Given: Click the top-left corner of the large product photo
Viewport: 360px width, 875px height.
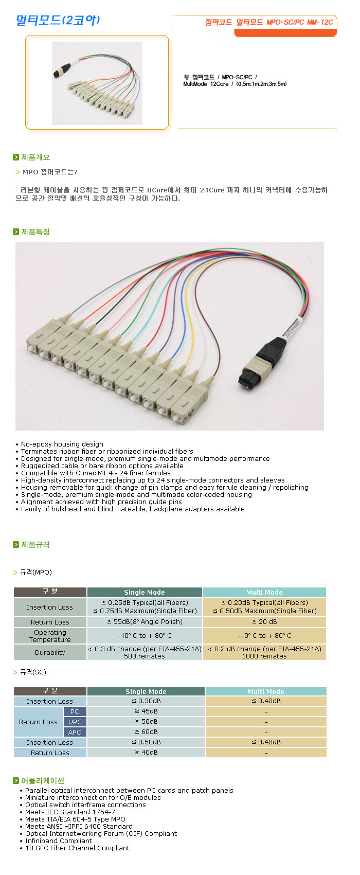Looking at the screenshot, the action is pyautogui.click(x=15, y=242).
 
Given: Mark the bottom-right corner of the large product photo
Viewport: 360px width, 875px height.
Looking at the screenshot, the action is pyautogui.click(x=324, y=431).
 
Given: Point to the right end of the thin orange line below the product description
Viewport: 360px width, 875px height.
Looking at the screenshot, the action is pyautogui.click(x=336, y=129).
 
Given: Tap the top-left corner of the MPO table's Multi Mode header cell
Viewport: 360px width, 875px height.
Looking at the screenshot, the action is pyautogui.click(x=204, y=587).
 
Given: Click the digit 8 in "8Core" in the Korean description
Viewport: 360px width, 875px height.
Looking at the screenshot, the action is pyautogui.click(x=149, y=190).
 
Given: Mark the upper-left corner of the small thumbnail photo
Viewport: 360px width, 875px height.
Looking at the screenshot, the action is pyautogui.click(x=52, y=42).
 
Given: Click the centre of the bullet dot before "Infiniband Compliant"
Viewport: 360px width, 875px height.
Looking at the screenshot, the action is pyautogui.click(x=21, y=842).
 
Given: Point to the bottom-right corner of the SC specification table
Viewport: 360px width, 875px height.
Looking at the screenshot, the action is pyautogui.click(x=327, y=757).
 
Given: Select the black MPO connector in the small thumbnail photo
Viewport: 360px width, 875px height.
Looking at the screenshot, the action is pyautogui.click(x=60, y=70).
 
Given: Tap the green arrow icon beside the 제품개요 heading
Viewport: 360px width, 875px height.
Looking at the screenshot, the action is pyautogui.click(x=16, y=157).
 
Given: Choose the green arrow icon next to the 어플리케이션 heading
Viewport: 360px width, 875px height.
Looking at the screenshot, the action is pyautogui.click(x=16, y=780).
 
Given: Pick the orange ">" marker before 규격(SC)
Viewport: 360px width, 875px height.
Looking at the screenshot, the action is pyautogui.click(x=15, y=672).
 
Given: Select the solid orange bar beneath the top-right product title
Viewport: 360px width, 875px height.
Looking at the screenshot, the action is pyautogui.click(x=285, y=33).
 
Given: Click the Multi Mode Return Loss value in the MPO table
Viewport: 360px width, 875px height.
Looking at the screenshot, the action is pyautogui.click(x=264, y=621).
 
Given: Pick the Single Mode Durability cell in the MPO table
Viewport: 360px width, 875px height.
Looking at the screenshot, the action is pyautogui.click(x=145, y=652).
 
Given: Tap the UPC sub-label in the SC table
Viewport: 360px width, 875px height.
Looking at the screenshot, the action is pyautogui.click(x=75, y=722).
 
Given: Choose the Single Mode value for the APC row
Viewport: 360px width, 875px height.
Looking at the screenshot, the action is pyautogui.click(x=146, y=731).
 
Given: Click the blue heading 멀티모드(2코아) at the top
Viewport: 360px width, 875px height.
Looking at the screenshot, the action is pyautogui.click(x=58, y=20).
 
